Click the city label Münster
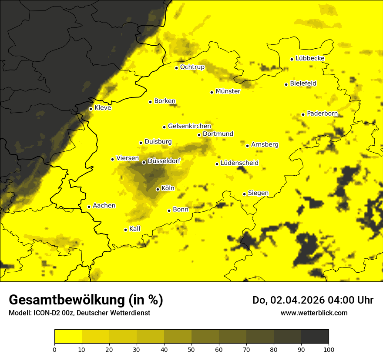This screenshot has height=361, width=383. (228, 91)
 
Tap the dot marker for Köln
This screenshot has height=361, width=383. (158, 189)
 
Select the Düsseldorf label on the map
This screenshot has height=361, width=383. (164, 161)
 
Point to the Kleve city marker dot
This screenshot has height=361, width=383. (91, 109)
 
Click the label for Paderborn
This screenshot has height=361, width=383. (323, 114)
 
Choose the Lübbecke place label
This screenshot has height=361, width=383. (310, 58)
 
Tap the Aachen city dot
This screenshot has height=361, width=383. (89, 207)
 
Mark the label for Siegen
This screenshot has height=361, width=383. (258, 193)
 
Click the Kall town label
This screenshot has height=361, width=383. (135, 229)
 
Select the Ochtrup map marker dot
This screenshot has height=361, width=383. (176, 68)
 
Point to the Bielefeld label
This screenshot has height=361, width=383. (303, 83)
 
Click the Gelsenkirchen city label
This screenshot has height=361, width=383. (189, 126)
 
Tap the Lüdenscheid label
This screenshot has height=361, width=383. (239, 163)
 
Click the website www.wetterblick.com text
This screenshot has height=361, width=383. (314, 313)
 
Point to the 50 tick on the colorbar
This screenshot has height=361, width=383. (191, 349)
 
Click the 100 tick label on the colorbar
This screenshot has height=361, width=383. (329, 349)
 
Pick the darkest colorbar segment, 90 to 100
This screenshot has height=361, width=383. (315, 337)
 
